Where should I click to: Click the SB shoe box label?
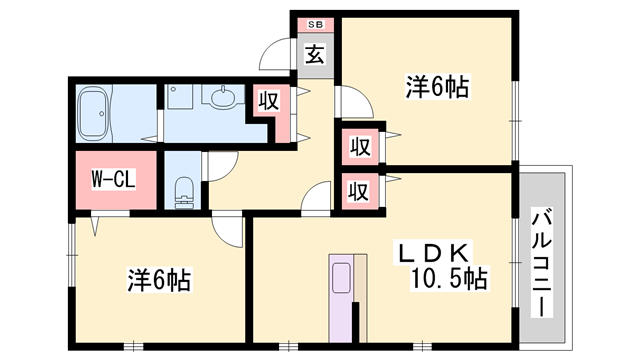click(x=316, y=24)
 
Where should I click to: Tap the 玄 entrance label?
click(x=315, y=54)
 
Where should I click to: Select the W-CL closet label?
click(x=113, y=179)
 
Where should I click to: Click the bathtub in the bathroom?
click(x=93, y=113)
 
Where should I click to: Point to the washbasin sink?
click(x=223, y=97)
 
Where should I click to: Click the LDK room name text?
click(x=432, y=253)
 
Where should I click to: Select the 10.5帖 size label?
click(x=448, y=279)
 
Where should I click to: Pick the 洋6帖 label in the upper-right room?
click(x=437, y=86)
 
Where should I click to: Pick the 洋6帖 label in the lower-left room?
click(x=159, y=280)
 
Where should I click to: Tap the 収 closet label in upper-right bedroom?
click(x=360, y=147)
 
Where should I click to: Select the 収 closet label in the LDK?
click(x=359, y=191)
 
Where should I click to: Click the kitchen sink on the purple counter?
click(x=341, y=278)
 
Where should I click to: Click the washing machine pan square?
click(x=180, y=97)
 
